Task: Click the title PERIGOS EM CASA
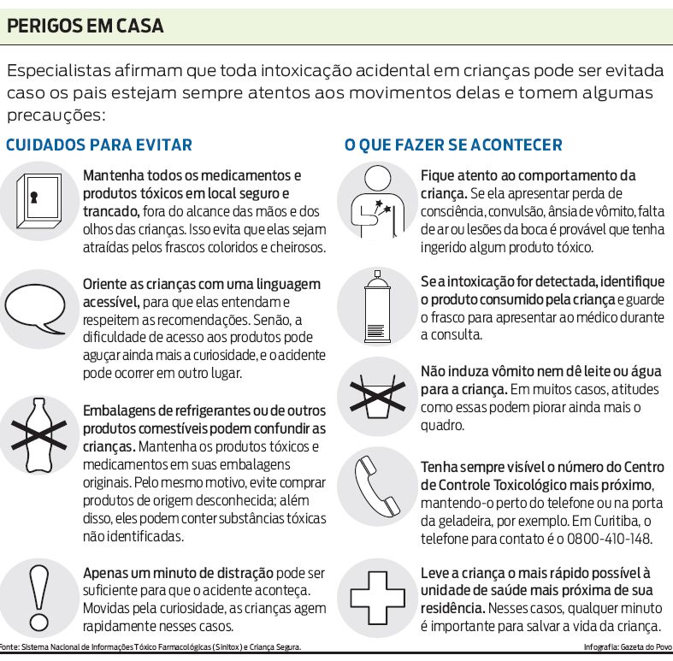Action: pyautogui.click(x=85, y=27)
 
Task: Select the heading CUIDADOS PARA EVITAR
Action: pyautogui.click(x=99, y=145)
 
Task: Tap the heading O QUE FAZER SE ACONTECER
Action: pyautogui.click(x=453, y=145)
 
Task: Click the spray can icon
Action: pyautogui.click(x=375, y=308)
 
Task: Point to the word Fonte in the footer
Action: pyautogui.click(x=9, y=647)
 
